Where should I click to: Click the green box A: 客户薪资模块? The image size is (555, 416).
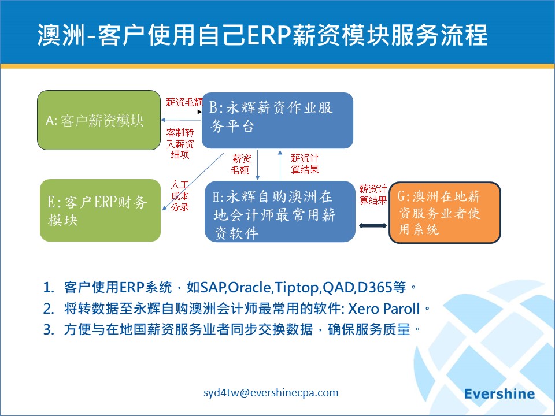point(99,120)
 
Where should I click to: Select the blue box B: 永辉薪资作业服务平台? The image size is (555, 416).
point(277,120)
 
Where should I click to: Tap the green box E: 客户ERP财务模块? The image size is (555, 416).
point(100,210)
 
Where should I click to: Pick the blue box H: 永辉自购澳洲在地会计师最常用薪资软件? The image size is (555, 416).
point(280,211)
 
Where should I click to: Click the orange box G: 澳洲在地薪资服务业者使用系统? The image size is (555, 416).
point(445,212)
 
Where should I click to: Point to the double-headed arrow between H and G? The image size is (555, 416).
point(373,225)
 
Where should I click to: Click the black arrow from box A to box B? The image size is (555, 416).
point(182,112)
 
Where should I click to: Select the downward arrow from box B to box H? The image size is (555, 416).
point(258,165)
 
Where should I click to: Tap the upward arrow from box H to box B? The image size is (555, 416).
point(280,165)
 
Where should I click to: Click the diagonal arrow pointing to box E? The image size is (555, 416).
point(193,181)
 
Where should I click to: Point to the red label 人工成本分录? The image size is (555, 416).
point(180,196)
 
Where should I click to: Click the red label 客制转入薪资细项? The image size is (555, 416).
point(180,144)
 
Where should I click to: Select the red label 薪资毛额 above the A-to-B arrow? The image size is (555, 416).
point(184,102)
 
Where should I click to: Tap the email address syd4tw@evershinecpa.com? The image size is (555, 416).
point(271,392)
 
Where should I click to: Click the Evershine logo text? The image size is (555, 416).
point(499,393)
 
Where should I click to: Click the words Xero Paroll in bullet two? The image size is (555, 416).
point(384,309)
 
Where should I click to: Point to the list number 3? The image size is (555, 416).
point(49,329)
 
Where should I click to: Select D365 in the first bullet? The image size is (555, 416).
point(375,287)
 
